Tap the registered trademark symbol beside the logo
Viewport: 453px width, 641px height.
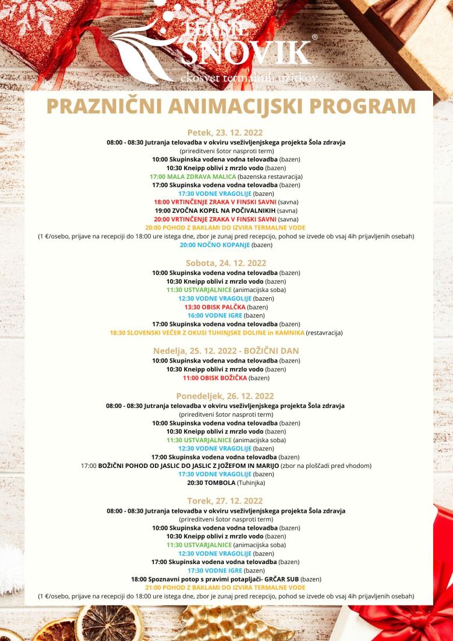(x=315, y=37)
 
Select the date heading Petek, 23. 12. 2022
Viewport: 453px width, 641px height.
(x=226, y=132)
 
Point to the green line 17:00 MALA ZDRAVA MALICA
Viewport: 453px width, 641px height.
(x=193, y=176)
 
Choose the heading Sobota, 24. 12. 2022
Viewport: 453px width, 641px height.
(x=226, y=263)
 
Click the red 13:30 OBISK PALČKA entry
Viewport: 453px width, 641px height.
(x=215, y=307)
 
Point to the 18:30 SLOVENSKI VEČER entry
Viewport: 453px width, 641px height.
(x=207, y=333)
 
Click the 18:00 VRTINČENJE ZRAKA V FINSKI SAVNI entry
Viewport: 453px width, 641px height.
(x=210, y=202)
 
